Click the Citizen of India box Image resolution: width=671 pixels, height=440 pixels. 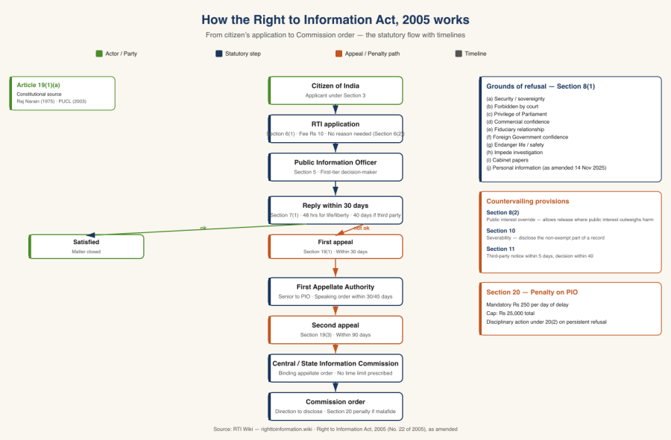[335, 90]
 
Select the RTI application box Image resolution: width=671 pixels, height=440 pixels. [335, 128]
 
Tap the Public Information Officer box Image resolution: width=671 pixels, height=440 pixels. [335, 167]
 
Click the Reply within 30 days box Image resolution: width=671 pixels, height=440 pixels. [335, 210]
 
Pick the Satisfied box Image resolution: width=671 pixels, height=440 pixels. [86, 246]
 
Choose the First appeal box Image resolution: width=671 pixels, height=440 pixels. [335, 246]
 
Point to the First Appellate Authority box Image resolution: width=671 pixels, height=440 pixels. [335, 291]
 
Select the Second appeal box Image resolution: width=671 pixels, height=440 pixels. [335, 330]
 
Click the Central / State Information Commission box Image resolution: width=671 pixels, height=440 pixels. [335, 368]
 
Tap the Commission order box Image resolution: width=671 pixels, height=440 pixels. [335, 406]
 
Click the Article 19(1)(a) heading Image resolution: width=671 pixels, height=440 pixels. [39, 85]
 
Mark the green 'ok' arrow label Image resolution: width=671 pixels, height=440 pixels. [203, 228]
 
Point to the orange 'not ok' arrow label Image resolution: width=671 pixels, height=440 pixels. [362, 228]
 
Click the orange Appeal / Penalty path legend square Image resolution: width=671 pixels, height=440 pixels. [338, 54]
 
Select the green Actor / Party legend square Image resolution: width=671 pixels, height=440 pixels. [99, 54]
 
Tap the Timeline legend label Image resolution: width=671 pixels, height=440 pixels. [476, 54]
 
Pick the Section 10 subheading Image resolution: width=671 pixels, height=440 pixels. [500, 231]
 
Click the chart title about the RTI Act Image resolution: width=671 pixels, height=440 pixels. [335, 19]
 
